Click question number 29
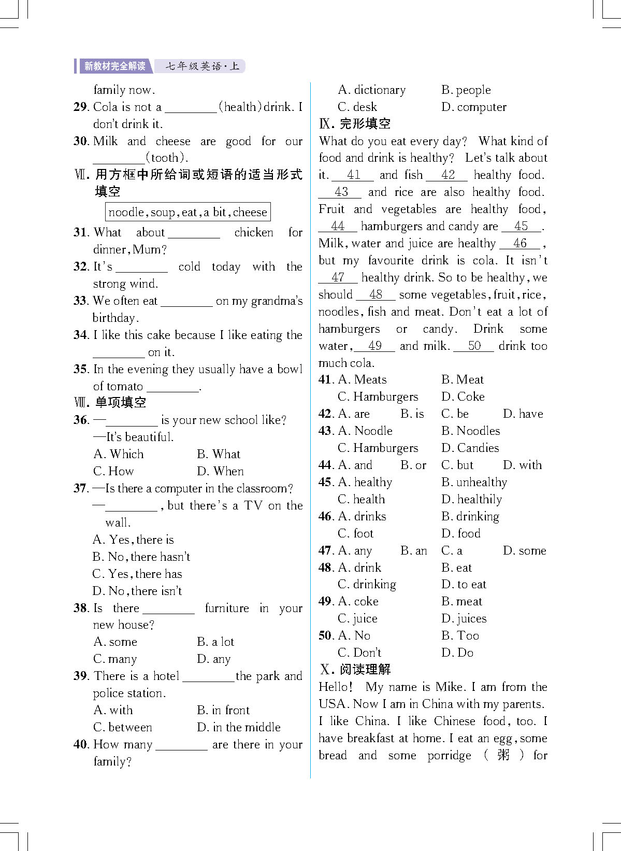(81, 107)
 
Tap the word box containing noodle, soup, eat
(187, 212)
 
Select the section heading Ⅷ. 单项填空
(110, 403)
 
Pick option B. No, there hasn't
(141, 557)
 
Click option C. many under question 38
(115, 659)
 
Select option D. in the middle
(239, 727)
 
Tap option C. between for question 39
(123, 727)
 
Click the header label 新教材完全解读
(114, 66)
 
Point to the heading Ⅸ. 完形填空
(355, 124)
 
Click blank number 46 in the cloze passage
(519, 243)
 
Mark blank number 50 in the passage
(474, 346)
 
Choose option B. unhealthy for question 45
(474, 482)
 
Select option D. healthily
(471, 499)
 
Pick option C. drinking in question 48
(367, 585)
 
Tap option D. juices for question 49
(464, 618)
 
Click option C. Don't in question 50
(359, 653)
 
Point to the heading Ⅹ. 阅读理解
(355, 670)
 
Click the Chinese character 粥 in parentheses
(503, 755)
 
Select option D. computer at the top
(474, 107)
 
